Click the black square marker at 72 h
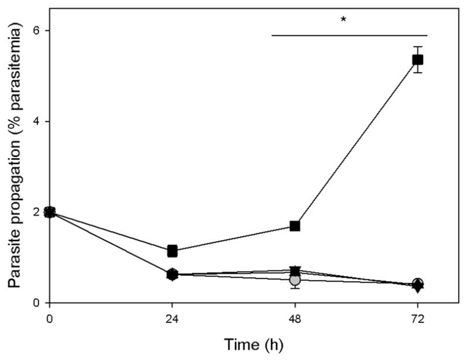coord(418,60)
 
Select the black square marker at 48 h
coord(295,226)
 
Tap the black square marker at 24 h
coord(172,251)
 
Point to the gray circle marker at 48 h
coord(295,280)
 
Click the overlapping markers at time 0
coord(50,212)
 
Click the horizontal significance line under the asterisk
coord(349,35)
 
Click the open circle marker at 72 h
coord(418,283)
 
